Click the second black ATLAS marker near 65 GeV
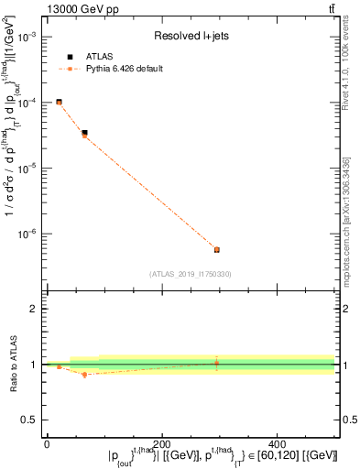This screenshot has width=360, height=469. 84,133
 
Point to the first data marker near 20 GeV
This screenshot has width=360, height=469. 59,102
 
